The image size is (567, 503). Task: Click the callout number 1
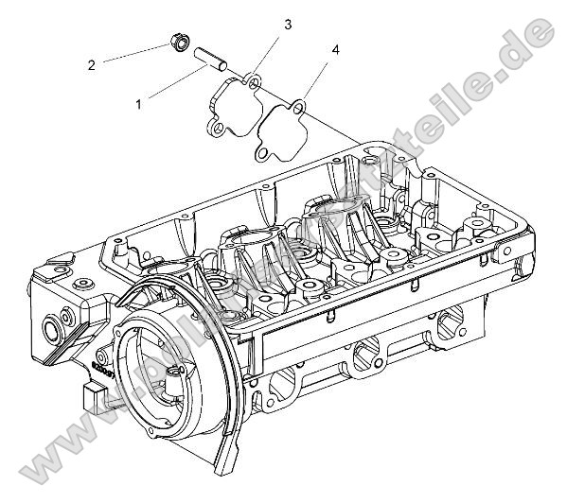pos(138,103)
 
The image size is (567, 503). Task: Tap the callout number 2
pos(92,65)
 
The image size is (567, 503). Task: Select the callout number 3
pos(288,24)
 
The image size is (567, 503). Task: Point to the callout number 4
pos(335,48)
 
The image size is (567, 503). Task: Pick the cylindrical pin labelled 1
pos(211,61)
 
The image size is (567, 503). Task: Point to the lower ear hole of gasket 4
pos(257,148)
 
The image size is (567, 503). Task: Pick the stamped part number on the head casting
pos(101,365)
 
